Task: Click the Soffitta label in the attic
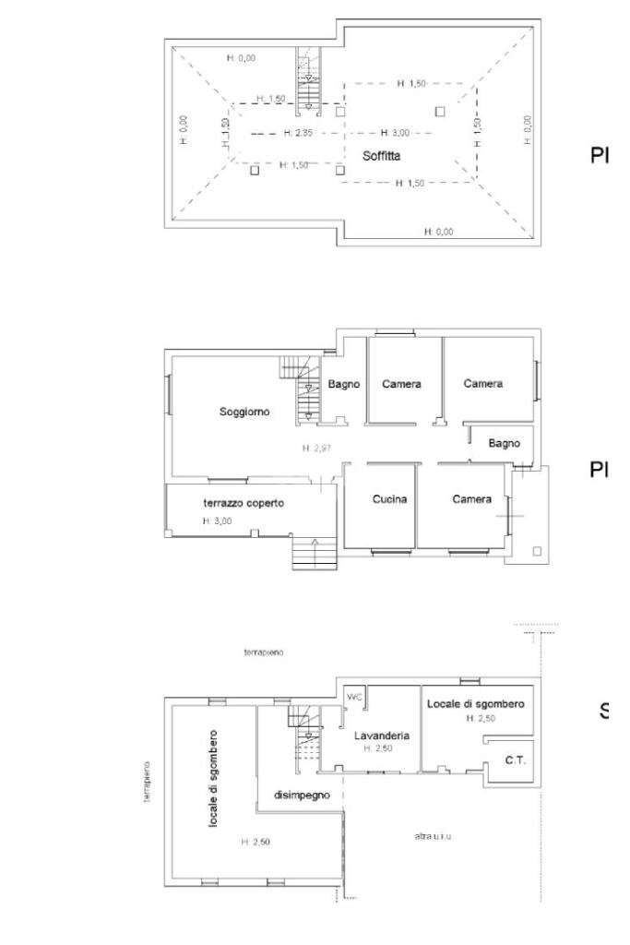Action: tap(381, 157)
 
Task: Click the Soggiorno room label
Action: tap(244, 412)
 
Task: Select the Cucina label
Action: tap(390, 499)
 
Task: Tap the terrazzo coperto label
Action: tap(244, 503)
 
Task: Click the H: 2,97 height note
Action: tap(316, 449)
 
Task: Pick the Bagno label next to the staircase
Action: tap(344, 384)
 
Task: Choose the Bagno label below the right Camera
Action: tap(504, 443)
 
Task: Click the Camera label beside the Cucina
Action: tap(471, 499)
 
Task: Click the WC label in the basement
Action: tap(354, 698)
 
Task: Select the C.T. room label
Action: tap(515, 760)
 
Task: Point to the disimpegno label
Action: tap(302, 795)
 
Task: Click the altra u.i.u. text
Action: tap(432, 836)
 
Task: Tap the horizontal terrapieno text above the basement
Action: tap(264, 652)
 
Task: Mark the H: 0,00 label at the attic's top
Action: tap(241, 58)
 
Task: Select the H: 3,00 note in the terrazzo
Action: tap(218, 521)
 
